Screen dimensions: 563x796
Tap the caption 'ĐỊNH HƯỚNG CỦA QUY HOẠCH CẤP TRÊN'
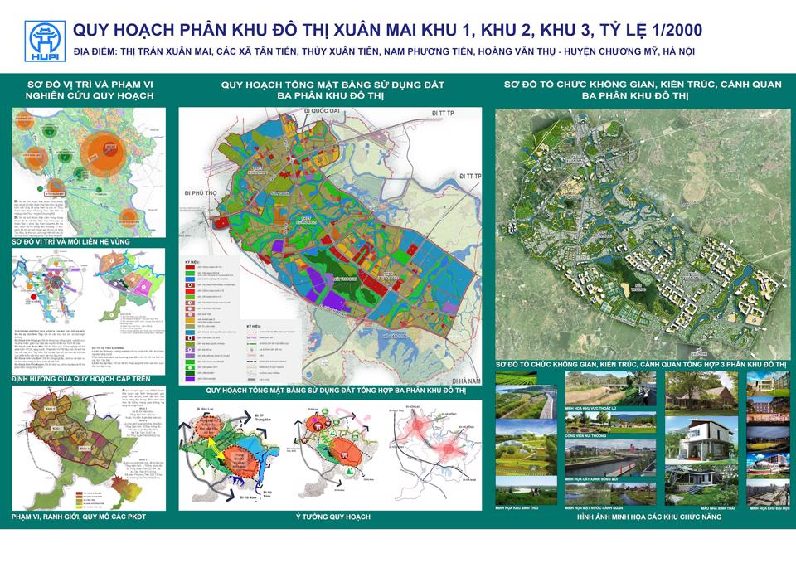(75, 379)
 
